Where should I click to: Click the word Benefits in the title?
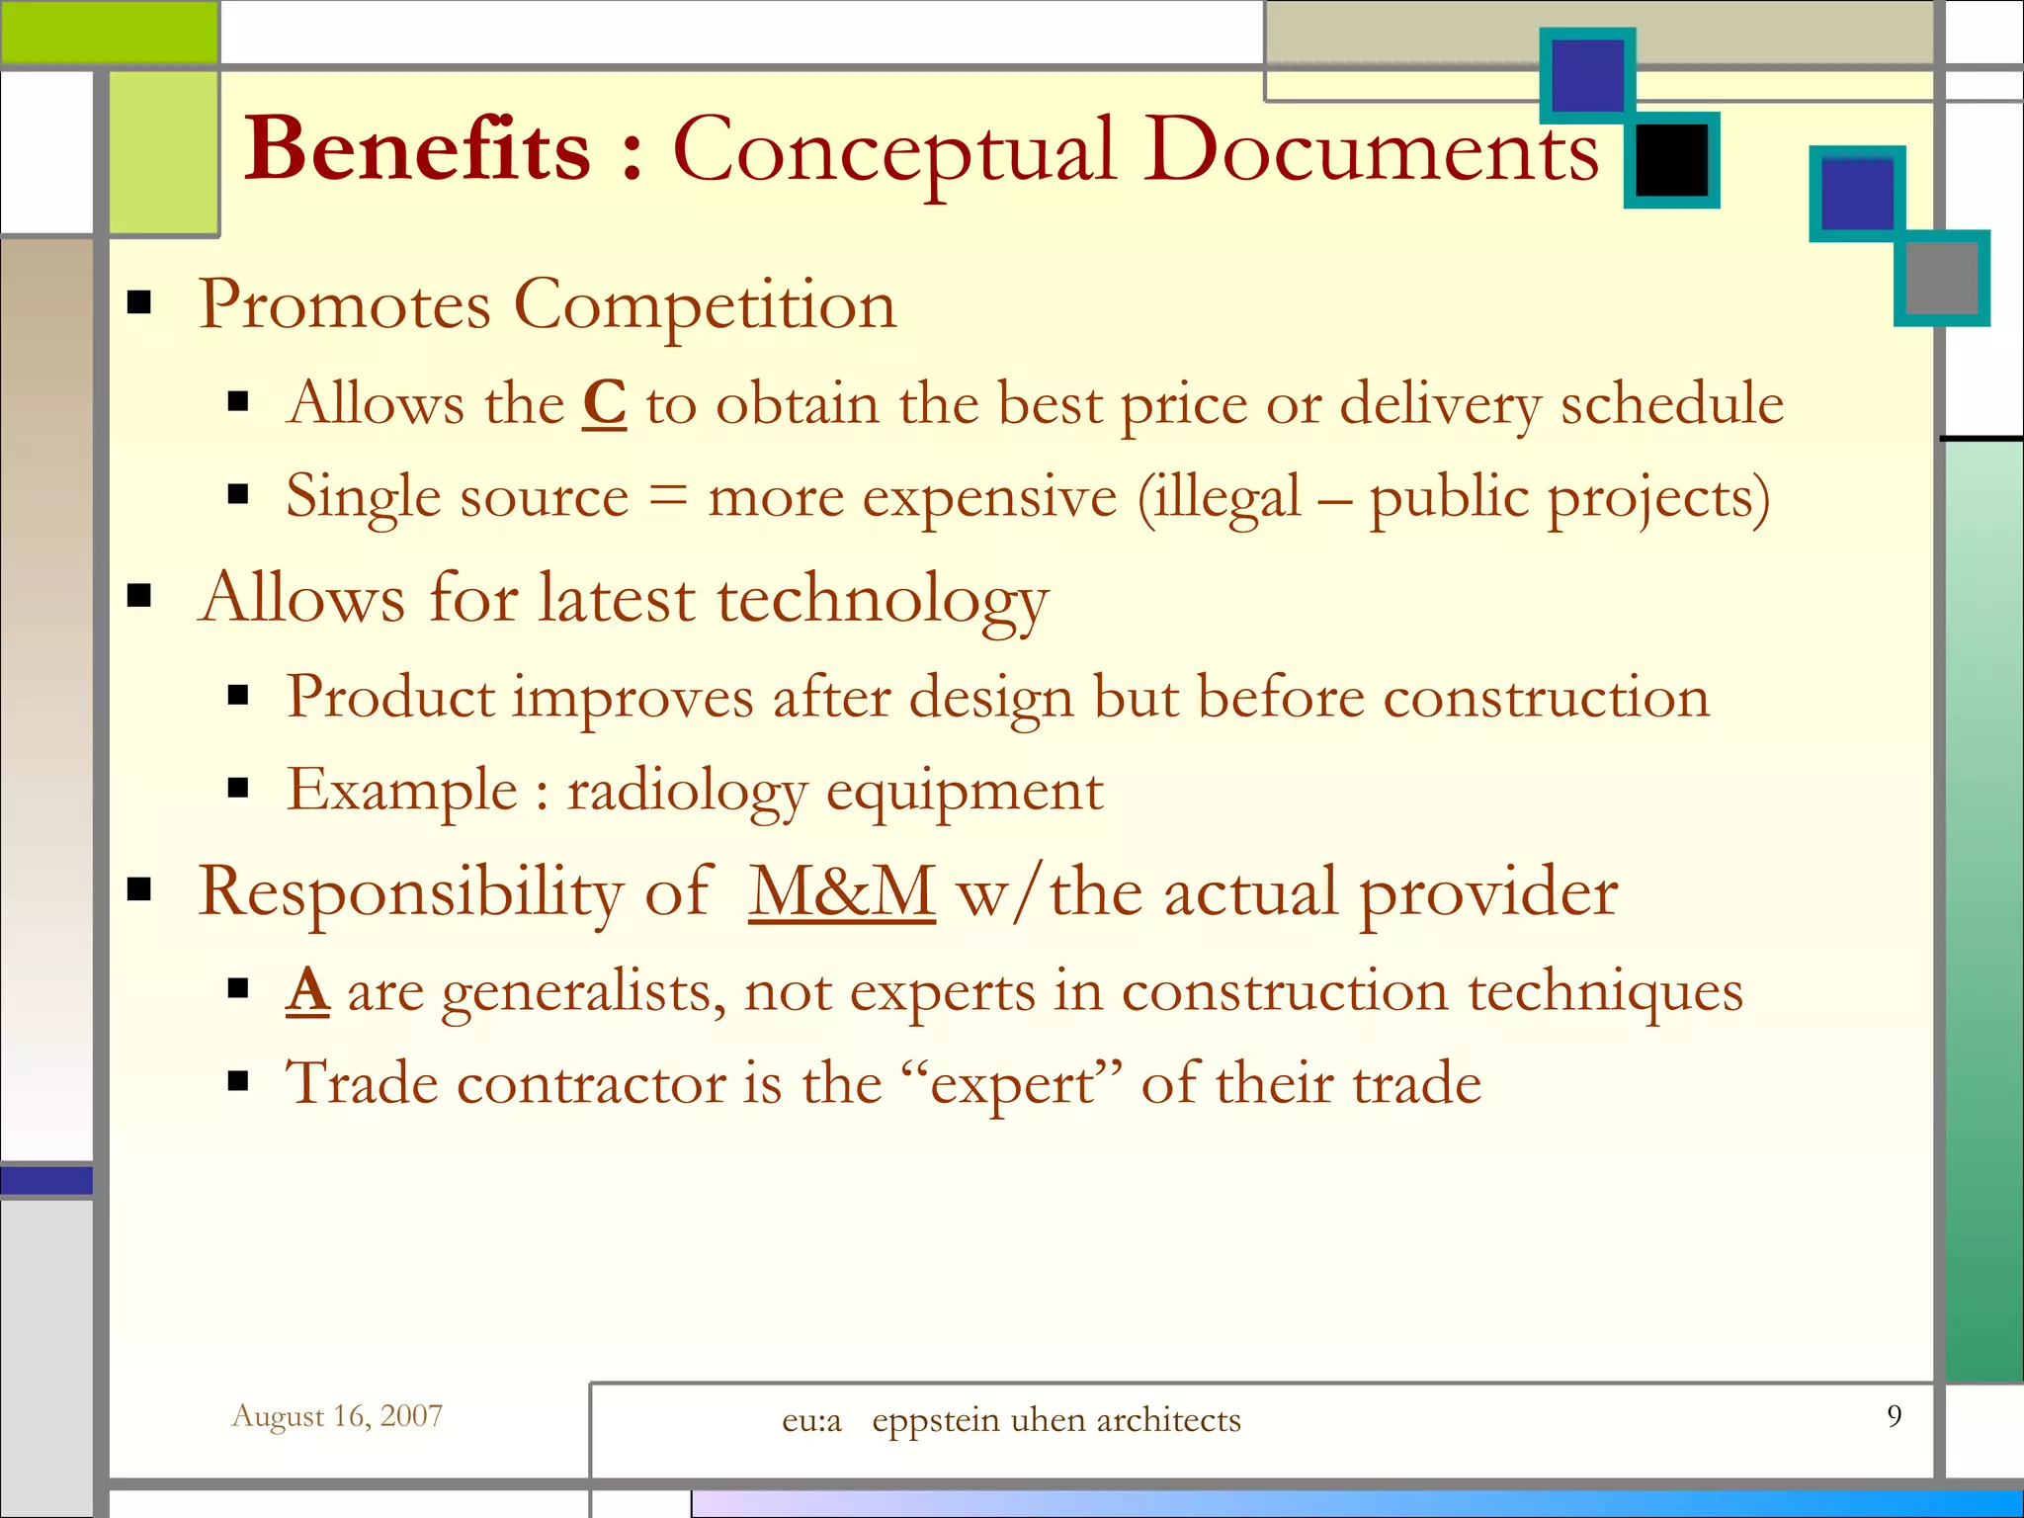pos(417,150)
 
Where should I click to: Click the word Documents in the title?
pos(1372,150)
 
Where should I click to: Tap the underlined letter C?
pos(604,403)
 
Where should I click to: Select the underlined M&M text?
pos(842,891)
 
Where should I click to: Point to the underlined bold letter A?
pos(307,990)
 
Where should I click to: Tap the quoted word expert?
pos(1012,1083)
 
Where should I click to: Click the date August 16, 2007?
pos(337,1416)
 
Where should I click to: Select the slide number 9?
pos(1894,1415)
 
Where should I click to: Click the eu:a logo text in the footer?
pos(811,1420)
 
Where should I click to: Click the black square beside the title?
pos(1671,159)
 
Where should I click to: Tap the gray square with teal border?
pos(1942,278)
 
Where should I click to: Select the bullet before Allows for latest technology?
pos(139,595)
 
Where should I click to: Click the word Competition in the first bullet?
pos(706,304)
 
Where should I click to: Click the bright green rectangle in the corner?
pos(109,32)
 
